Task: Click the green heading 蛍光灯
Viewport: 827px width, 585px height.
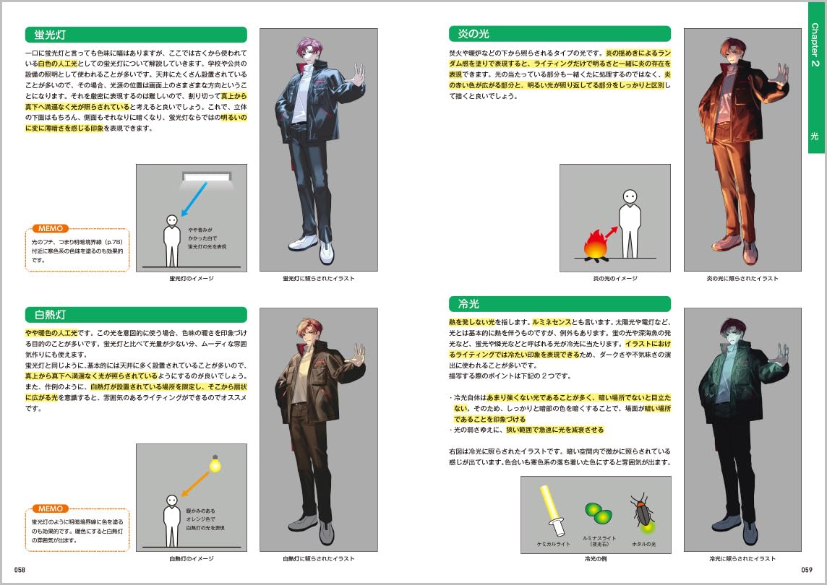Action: click(50, 35)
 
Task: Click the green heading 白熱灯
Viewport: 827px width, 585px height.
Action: click(50, 315)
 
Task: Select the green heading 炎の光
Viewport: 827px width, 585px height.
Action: click(474, 34)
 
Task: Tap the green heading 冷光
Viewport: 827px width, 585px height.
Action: click(468, 303)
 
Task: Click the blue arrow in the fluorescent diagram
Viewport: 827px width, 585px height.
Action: click(194, 199)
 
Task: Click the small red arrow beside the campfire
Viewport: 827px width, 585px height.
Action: click(611, 233)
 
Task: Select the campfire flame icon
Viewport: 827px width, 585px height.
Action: click(595, 246)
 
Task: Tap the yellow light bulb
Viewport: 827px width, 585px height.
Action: click(215, 464)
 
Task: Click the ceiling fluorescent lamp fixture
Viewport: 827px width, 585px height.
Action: click(206, 177)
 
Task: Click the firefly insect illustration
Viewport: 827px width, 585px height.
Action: click(643, 511)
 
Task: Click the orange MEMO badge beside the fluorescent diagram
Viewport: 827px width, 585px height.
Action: click(51, 228)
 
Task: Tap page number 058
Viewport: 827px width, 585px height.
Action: click(20, 570)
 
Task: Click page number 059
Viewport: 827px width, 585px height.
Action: click(807, 570)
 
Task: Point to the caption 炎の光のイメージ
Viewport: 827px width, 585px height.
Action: click(615, 278)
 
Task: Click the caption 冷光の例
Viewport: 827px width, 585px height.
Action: click(596, 559)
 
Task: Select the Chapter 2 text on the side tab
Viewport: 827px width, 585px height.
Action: click(815, 44)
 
